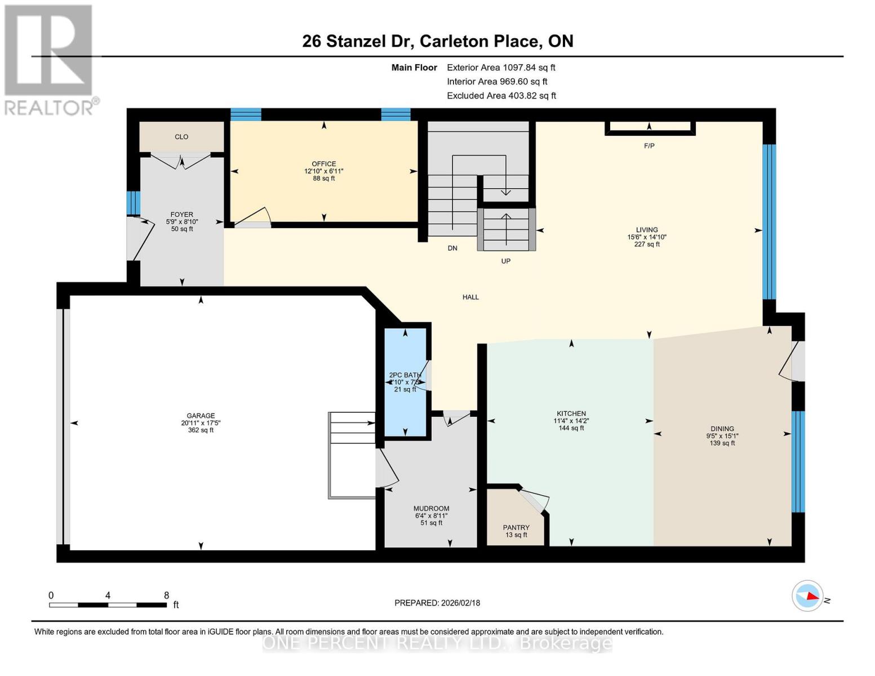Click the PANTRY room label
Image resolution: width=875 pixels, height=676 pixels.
(x=516, y=527)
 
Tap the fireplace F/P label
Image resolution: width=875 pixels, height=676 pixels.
(x=649, y=146)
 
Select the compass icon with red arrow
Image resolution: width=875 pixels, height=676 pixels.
(x=807, y=595)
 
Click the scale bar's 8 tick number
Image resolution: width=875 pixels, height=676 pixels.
(x=166, y=595)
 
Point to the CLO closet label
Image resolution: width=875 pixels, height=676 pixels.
(x=181, y=137)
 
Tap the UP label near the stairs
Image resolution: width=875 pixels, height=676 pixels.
(x=506, y=261)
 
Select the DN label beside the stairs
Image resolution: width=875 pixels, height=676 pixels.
(x=452, y=248)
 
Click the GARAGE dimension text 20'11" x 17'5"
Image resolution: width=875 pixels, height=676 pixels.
(x=201, y=423)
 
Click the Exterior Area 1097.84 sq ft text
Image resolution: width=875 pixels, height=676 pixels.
(x=501, y=68)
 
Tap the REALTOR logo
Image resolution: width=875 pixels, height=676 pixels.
(x=50, y=59)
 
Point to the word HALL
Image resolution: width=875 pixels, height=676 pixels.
(x=470, y=297)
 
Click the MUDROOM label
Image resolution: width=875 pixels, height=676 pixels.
(x=432, y=508)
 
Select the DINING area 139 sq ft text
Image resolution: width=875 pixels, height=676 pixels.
(x=722, y=443)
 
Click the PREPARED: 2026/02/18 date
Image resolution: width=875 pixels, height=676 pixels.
(x=437, y=603)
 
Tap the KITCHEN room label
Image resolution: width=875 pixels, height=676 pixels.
(x=571, y=413)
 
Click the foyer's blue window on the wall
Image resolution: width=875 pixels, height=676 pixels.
(x=133, y=203)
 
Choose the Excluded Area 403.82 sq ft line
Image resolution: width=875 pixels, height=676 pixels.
(x=501, y=96)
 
